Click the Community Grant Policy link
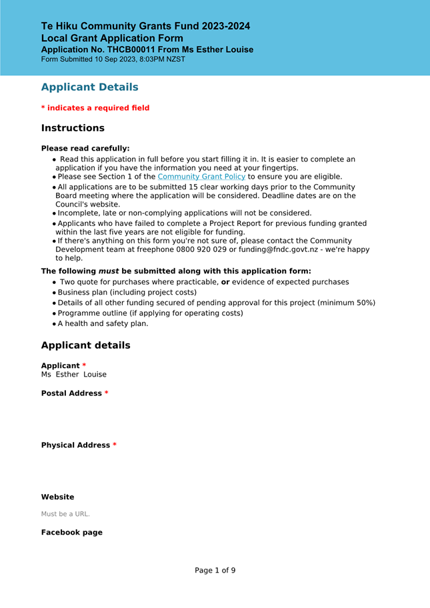click(201, 177)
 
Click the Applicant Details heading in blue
click(89, 87)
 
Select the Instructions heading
click(73, 128)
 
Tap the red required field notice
click(95, 108)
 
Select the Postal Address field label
click(71, 393)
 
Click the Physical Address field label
click(75, 445)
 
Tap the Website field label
click(57, 497)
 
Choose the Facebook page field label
click(71, 533)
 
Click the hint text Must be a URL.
click(65, 514)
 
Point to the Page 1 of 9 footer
click(215, 571)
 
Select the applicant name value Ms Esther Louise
click(73, 375)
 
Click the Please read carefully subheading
click(85, 149)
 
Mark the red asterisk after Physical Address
click(115, 445)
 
